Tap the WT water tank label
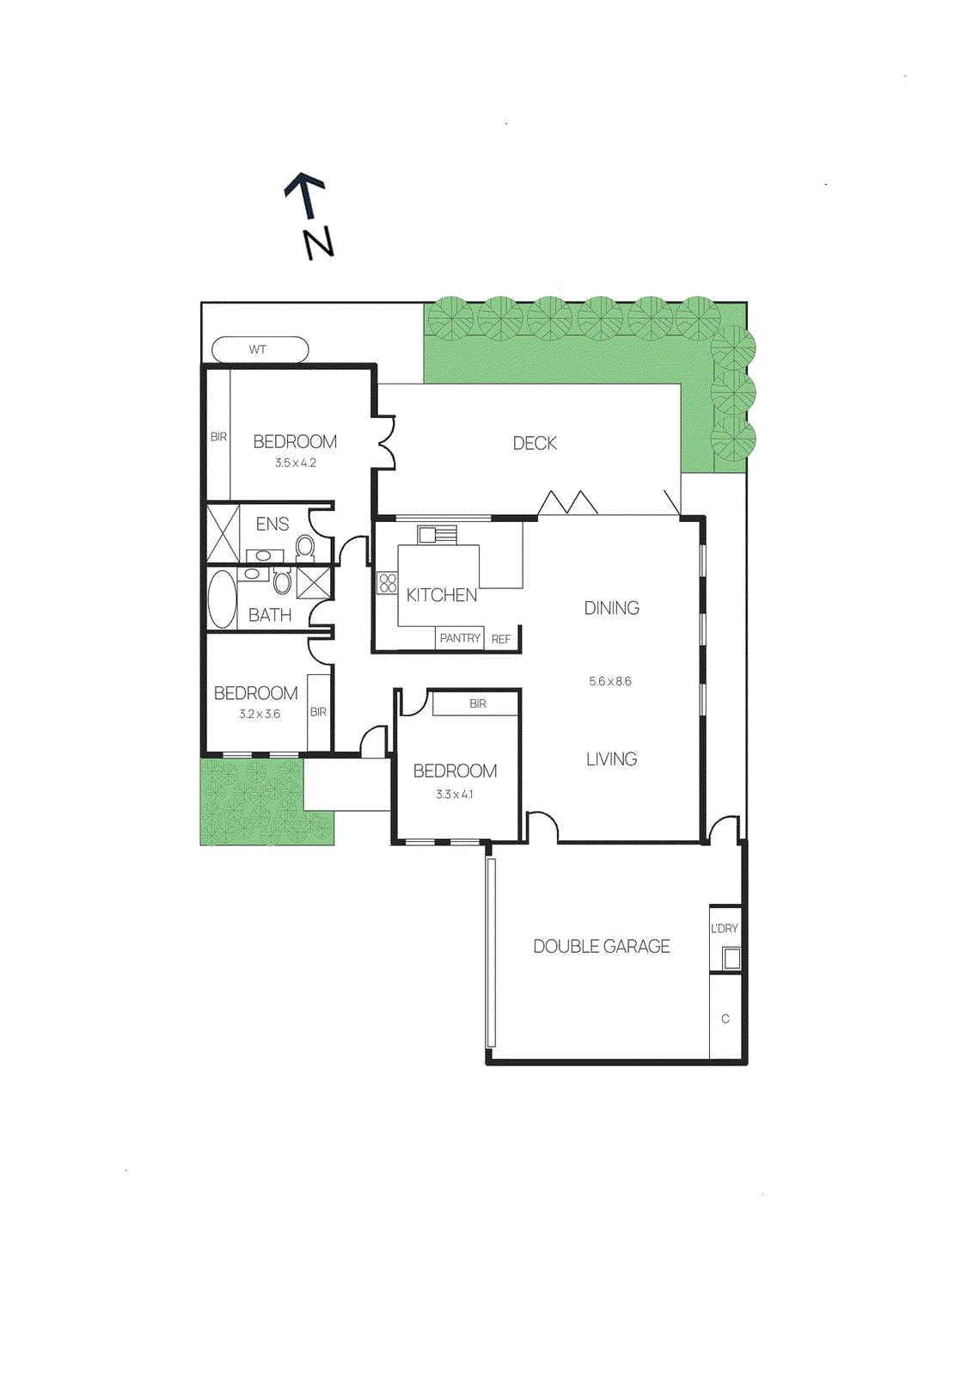(x=258, y=350)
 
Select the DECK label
(x=535, y=443)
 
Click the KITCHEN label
(x=441, y=595)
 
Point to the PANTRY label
(x=460, y=638)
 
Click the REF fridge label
(x=501, y=639)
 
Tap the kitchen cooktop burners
(x=388, y=584)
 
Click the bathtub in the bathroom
(x=222, y=599)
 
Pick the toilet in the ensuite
(x=305, y=546)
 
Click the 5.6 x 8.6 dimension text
(x=610, y=681)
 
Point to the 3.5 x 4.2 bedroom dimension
(x=296, y=463)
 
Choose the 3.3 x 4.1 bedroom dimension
(x=454, y=795)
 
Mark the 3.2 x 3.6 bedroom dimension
(x=260, y=714)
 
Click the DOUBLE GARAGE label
(x=602, y=946)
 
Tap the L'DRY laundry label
(x=725, y=929)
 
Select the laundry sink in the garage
(x=731, y=957)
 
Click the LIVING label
(x=611, y=759)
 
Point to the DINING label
(x=611, y=608)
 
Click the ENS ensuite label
(x=272, y=524)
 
